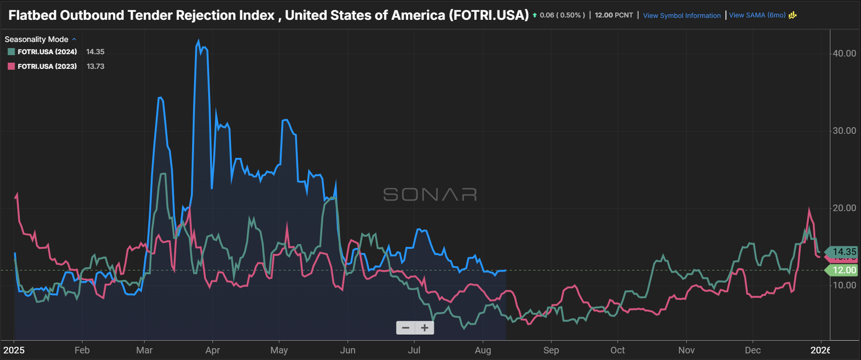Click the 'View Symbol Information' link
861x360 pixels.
tap(682, 16)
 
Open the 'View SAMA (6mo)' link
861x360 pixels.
tap(757, 15)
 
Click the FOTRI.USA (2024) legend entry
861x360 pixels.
tap(47, 52)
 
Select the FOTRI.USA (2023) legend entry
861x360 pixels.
tap(47, 66)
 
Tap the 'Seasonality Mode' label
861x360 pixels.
tap(36, 40)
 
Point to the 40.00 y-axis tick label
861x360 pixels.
tap(844, 54)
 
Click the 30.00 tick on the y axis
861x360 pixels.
tap(844, 131)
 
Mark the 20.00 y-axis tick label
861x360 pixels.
tap(844, 208)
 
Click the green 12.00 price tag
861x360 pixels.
tap(844, 270)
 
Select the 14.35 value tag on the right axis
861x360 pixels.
tap(844, 252)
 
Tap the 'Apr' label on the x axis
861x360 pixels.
tap(212, 350)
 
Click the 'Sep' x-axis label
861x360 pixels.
tap(551, 350)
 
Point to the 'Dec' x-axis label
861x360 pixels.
tap(753, 350)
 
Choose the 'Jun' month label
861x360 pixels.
tap(348, 350)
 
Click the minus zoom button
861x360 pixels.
tap(406, 328)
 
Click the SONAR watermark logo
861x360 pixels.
tap(430, 194)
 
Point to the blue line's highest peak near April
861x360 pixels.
tap(198, 41)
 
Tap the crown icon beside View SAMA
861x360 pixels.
tap(793, 15)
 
